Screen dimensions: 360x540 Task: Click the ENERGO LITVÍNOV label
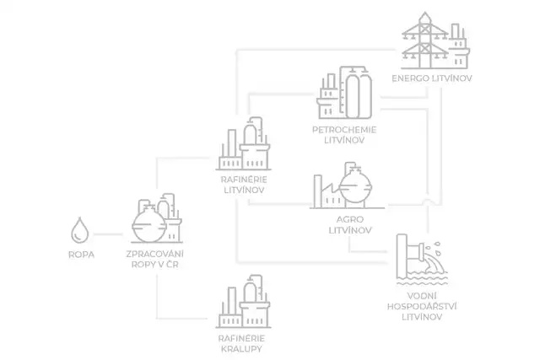tap(430, 79)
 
